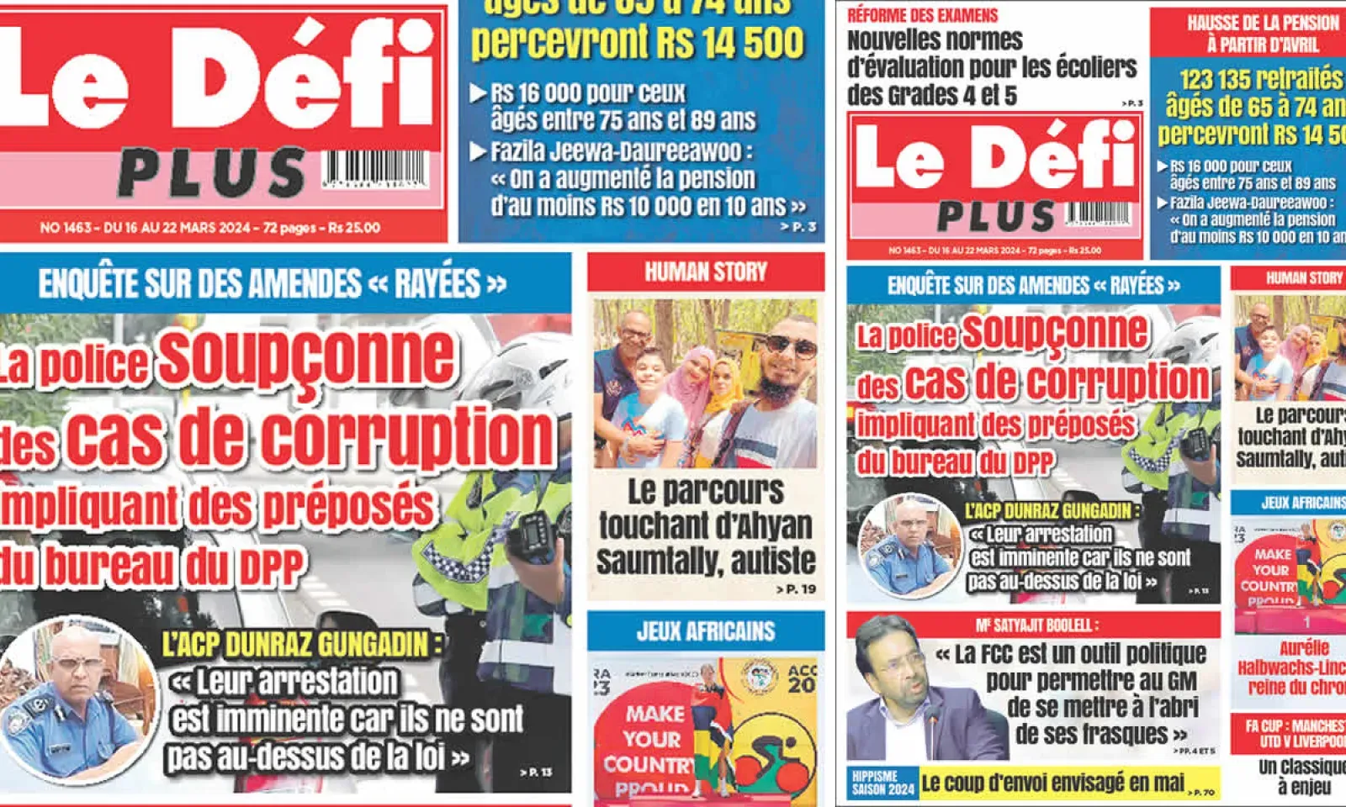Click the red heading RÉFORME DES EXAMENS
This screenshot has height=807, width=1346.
click(x=922, y=15)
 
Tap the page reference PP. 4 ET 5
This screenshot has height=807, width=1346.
click(x=1195, y=751)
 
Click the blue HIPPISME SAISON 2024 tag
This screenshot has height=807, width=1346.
click(x=882, y=783)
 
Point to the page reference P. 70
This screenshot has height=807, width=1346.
click(x=1201, y=792)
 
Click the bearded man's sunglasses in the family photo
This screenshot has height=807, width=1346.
click(x=790, y=345)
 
